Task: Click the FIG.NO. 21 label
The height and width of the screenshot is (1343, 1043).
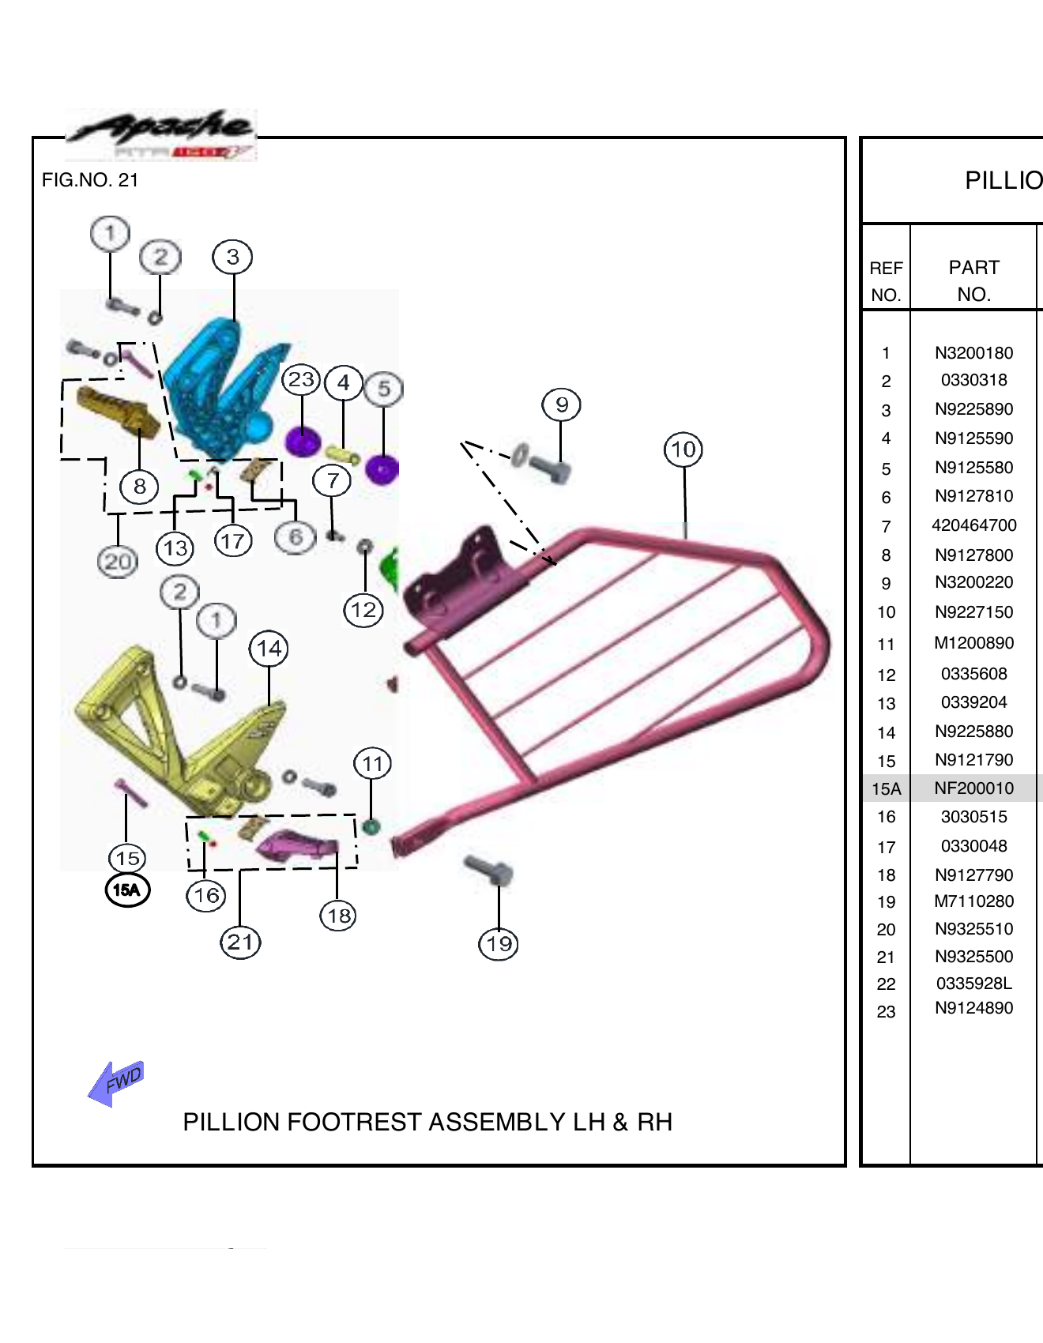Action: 90,180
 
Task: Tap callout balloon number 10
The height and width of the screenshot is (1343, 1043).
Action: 683,450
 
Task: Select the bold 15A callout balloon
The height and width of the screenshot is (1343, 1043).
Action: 127,890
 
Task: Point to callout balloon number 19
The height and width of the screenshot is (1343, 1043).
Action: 499,943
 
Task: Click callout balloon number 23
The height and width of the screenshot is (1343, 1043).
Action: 301,380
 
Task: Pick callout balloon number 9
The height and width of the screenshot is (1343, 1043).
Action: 561,404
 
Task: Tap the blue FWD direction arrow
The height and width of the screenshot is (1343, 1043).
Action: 117,1082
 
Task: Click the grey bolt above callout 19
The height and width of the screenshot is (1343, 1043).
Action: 490,870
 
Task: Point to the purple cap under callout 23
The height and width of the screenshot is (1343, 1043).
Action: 302,441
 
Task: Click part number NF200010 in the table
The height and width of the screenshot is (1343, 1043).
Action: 973,788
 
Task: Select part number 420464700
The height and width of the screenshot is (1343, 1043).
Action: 973,525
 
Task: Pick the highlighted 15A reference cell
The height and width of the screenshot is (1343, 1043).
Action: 886,788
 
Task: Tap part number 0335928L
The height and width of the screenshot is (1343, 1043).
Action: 973,984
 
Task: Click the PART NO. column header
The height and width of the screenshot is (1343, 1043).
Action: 973,280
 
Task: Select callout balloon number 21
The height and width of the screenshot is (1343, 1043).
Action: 240,942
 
